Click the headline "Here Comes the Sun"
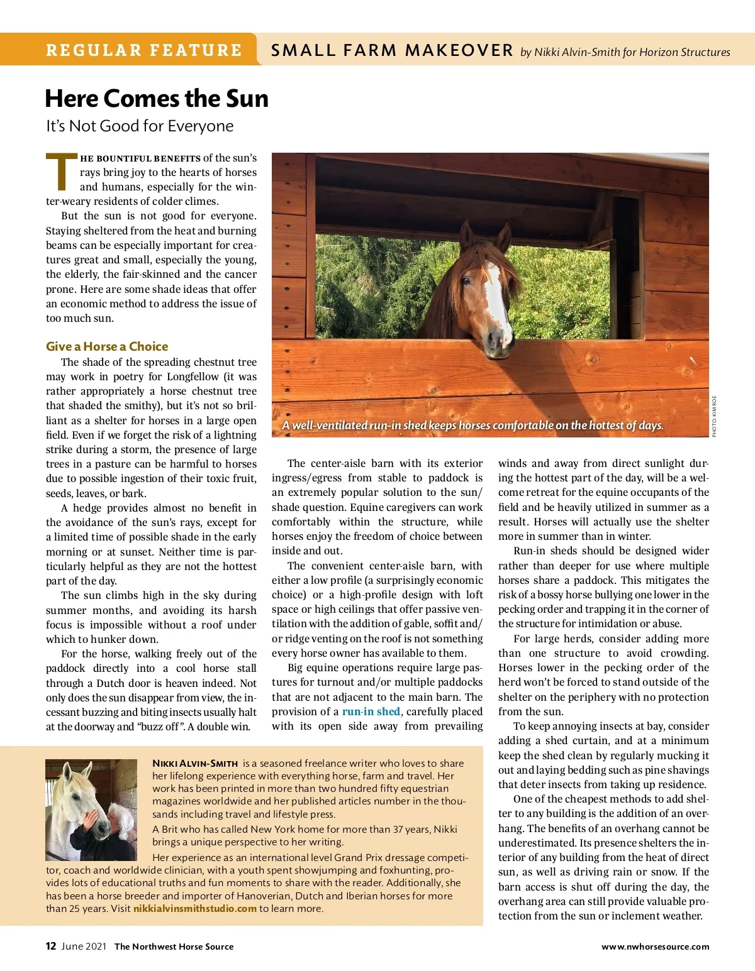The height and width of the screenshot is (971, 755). [x=157, y=99]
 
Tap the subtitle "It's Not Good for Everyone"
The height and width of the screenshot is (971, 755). [x=140, y=126]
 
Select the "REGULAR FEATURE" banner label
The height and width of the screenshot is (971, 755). [x=144, y=50]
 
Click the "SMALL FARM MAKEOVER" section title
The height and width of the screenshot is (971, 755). [x=392, y=50]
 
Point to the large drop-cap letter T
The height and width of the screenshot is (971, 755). [x=61, y=172]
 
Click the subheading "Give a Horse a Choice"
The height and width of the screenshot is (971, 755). [x=107, y=346]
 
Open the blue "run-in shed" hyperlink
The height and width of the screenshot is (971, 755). [x=371, y=711]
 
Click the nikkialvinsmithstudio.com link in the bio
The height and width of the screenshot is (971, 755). [x=195, y=908]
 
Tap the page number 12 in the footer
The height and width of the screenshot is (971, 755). [x=51, y=946]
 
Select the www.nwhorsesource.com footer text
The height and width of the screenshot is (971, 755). [x=655, y=946]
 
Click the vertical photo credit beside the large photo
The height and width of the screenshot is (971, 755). [x=714, y=416]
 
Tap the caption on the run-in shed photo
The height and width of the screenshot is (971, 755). [x=473, y=425]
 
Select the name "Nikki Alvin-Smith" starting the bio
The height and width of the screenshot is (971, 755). [x=195, y=763]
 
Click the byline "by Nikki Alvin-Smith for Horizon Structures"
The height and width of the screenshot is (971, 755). [x=625, y=52]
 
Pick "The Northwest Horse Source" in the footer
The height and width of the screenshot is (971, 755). [x=174, y=946]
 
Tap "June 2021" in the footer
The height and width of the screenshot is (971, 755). [x=84, y=946]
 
